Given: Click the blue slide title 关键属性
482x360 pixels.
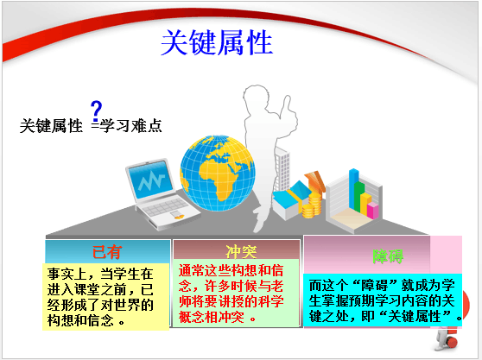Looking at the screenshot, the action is point(217,42).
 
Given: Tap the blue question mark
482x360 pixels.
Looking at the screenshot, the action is point(96,111).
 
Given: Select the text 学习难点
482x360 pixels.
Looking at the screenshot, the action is point(131,126).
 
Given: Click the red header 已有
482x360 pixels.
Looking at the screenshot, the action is point(107,252).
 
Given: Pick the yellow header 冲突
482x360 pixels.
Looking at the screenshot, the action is point(241,252).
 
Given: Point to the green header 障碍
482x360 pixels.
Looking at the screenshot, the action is point(388,256).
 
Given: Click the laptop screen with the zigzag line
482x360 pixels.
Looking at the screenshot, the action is point(150,180).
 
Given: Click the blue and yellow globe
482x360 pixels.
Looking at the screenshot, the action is point(218,173).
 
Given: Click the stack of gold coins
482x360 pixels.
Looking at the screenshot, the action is point(312,205).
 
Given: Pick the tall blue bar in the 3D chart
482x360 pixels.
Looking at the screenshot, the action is point(354,189).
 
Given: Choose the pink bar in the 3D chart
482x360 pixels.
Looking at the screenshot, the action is point(373,211).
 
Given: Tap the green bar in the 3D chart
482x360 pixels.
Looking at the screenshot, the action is point(359,197).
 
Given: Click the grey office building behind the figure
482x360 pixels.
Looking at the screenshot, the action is point(282,168).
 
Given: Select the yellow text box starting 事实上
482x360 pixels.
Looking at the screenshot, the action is point(106,297).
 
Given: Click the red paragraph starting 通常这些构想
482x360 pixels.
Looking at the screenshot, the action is point(231,294).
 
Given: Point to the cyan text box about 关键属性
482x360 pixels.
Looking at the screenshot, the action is point(383,300).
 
